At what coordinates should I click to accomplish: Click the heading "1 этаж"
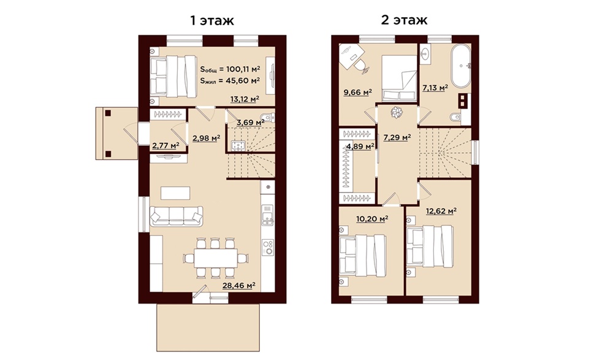(212, 20)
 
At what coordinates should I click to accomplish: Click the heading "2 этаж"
(404, 20)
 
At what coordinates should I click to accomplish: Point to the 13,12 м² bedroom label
(245, 99)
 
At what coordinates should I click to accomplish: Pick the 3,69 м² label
(251, 122)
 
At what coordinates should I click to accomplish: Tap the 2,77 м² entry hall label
(166, 145)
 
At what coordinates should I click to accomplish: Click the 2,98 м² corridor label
(206, 138)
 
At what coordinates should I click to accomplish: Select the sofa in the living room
(177, 216)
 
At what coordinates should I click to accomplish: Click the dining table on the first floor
(216, 258)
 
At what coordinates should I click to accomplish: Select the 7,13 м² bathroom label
(435, 88)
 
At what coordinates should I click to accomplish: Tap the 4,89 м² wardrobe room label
(360, 147)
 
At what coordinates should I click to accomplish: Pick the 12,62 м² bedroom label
(441, 212)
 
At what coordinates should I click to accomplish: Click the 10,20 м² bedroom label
(372, 218)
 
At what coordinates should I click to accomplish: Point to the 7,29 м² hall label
(397, 137)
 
